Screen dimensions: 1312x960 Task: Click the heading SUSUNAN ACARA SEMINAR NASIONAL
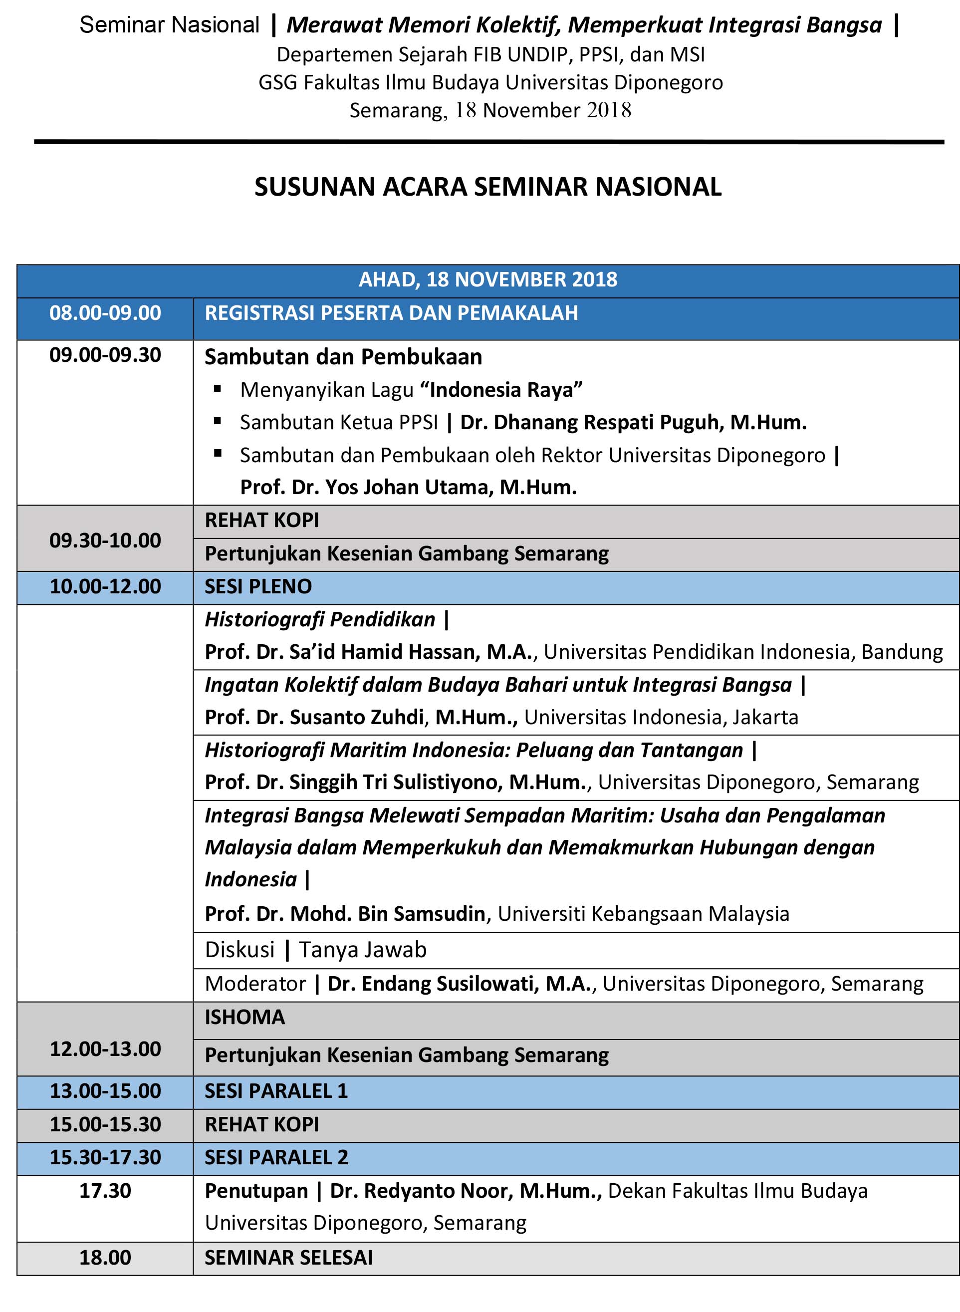pos(487,187)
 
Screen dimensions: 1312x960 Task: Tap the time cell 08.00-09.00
pos(105,313)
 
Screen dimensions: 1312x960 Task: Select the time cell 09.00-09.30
pos(105,355)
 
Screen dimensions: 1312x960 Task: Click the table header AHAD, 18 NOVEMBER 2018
pos(487,279)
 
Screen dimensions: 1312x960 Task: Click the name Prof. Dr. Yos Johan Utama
pos(408,487)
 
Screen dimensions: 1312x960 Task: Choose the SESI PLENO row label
pos(258,586)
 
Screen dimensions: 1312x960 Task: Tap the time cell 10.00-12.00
pos(105,586)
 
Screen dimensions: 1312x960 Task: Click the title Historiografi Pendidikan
pos(320,619)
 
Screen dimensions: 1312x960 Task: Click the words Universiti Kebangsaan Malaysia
pos(643,913)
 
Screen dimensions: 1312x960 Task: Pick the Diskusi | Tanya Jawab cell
pos(315,949)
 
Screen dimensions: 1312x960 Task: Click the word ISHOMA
pos(244,1017)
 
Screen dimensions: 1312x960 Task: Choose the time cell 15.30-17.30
pos(105,1157)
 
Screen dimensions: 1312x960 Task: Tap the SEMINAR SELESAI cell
pos(288,1258)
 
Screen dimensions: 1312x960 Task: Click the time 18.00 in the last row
pos(105,1258)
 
